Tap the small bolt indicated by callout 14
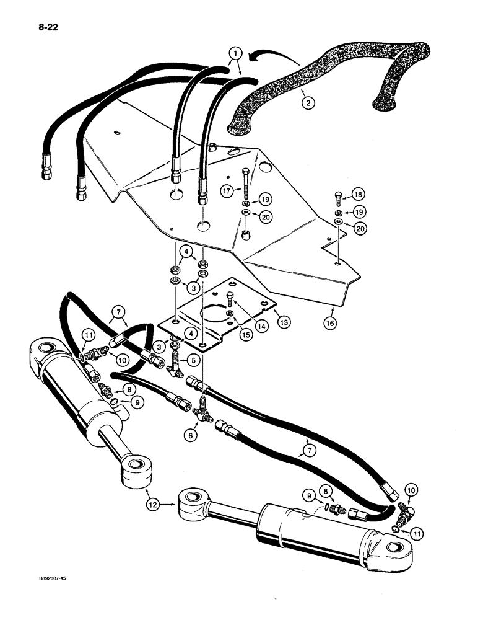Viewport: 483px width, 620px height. pos(231,300)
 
